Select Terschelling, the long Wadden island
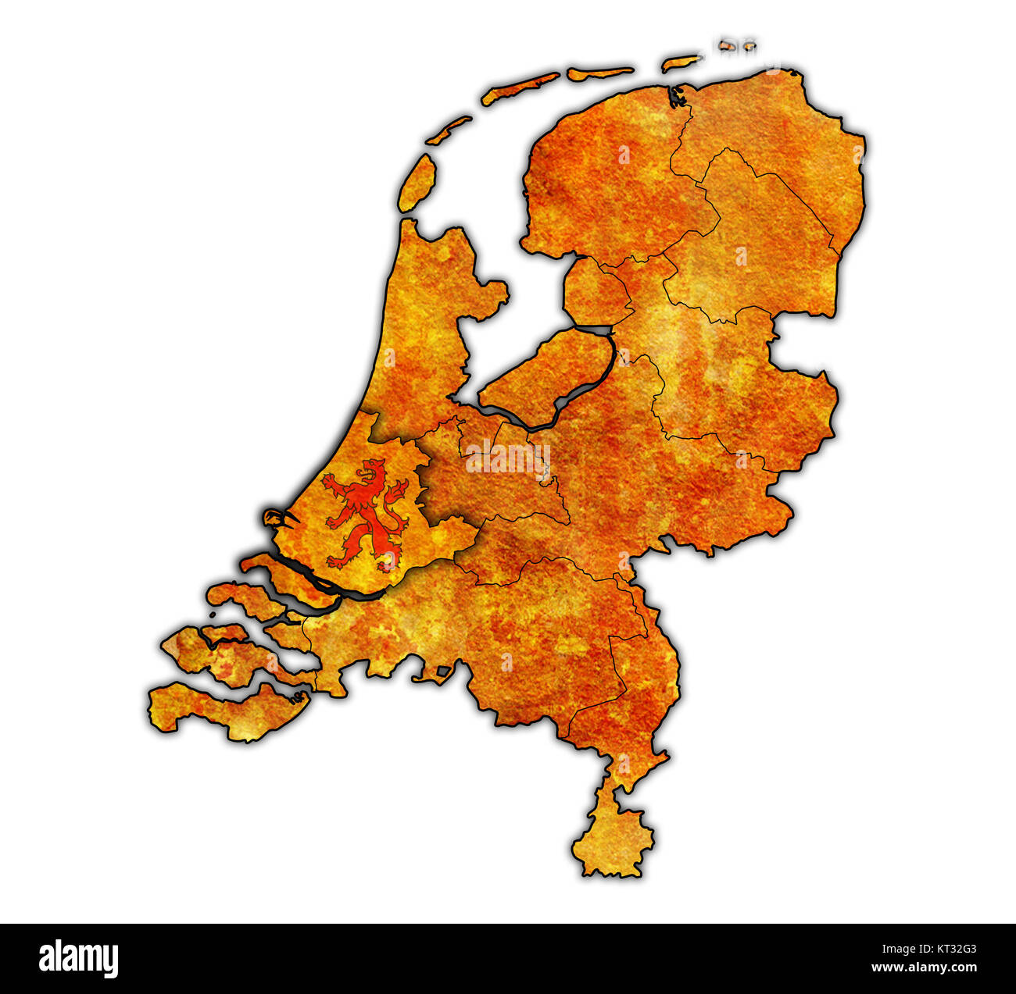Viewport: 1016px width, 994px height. point(521,88)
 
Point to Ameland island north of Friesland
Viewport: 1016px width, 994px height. point(599,73)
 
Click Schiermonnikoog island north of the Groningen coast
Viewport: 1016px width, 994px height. point(681,62)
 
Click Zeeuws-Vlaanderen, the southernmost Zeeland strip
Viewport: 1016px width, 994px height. point(227,711)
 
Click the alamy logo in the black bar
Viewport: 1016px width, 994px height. point(79,958)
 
